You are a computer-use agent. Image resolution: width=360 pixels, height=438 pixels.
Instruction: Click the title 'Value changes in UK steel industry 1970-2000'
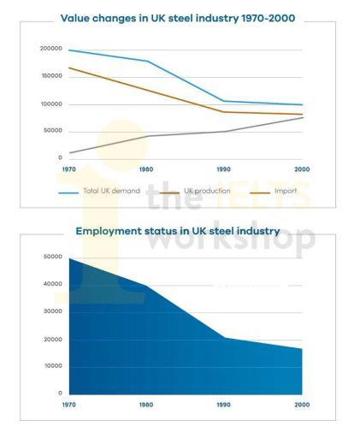[x=180, y=18]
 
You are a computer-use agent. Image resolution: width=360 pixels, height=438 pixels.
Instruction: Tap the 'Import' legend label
[x=286, y=190]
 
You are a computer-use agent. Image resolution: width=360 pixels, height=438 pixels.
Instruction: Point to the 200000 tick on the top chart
[x=52, y=50]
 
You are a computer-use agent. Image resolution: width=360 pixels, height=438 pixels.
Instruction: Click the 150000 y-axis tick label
[x=52, y=76]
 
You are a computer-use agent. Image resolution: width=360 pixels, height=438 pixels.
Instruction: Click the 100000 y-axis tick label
[x=52, y=104]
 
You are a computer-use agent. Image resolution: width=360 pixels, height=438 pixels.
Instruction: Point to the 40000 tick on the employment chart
[x=53, y=285]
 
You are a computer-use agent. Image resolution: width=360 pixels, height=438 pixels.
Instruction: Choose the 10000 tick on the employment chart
[x=53, y=367]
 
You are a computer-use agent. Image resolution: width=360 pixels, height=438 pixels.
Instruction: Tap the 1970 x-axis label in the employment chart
[x=70, y=402]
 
